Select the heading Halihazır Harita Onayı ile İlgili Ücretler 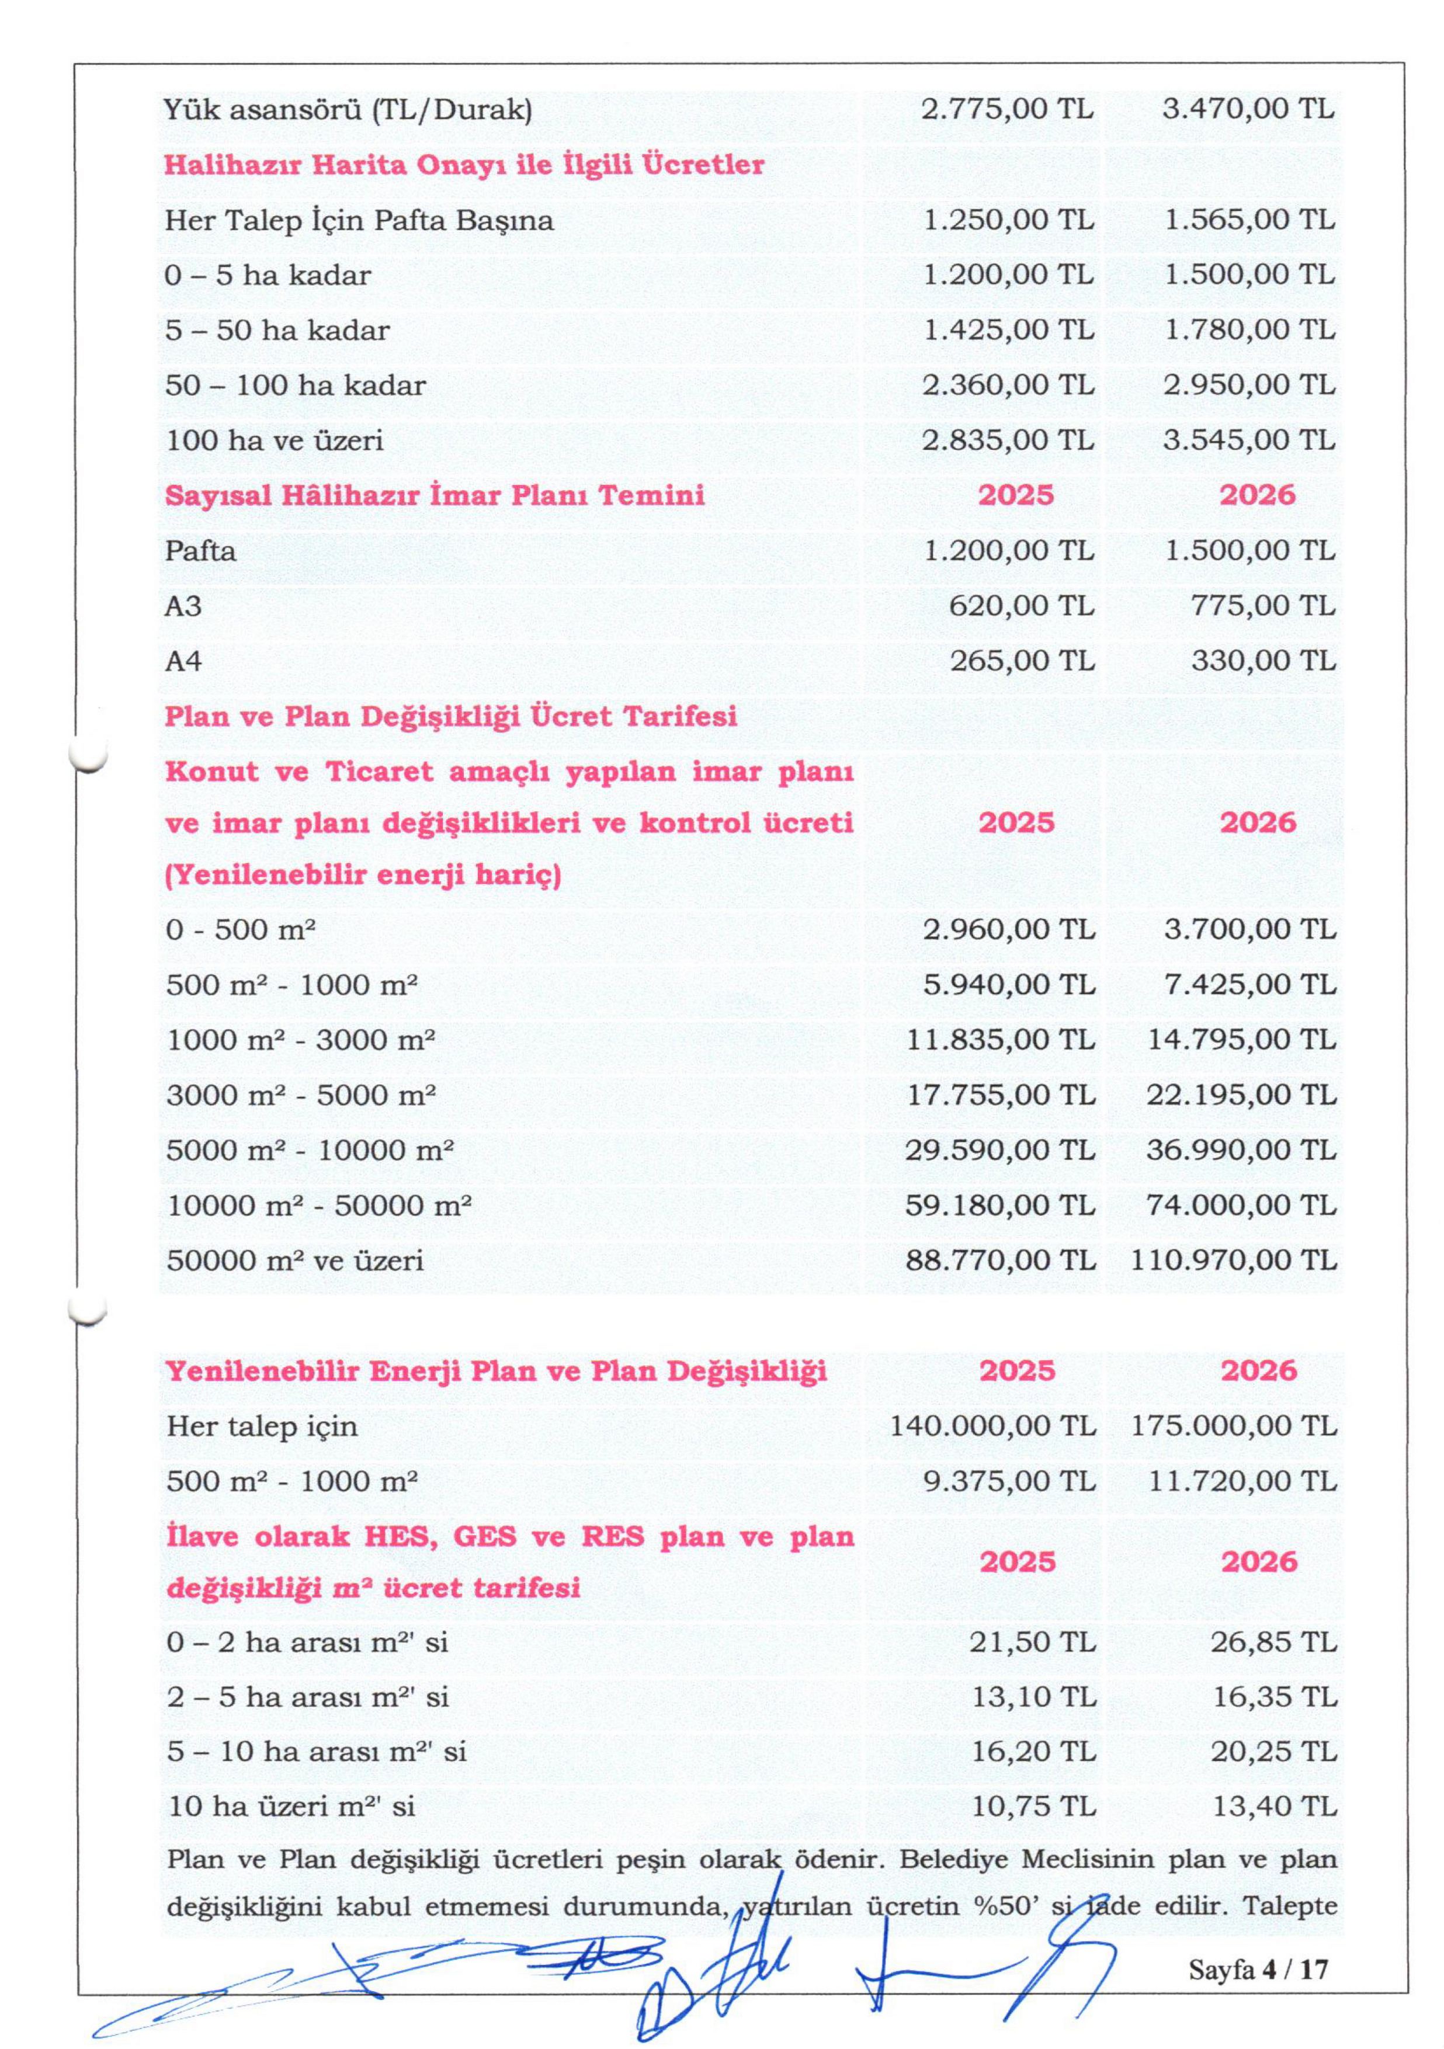(x=464, y=165)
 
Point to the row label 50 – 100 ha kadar (x=296, y=386)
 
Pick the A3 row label (x=184, y=606)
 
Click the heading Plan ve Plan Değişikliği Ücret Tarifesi (x=452, y=717)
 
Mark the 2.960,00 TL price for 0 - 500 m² (x=1008, y=930)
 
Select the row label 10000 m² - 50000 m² (x=318, y=1206)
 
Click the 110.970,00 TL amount (x=1234, y=1261)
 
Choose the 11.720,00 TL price (x=1242, y=1481)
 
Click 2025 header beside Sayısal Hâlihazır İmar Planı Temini (x=1016, y=495)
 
